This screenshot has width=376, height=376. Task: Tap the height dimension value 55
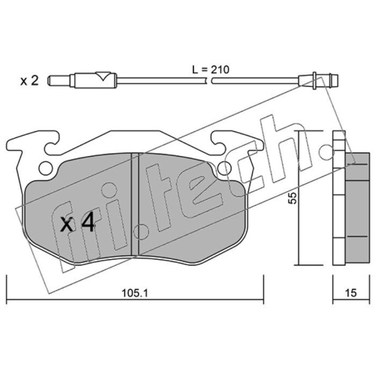[292, 198]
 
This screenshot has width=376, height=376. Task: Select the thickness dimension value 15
[351, 293]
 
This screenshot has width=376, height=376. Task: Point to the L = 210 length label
[211, 70]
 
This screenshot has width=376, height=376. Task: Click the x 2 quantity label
[29, 81]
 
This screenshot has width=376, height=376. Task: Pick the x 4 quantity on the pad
[77, 223]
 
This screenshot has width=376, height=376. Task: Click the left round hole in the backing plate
[45, 168]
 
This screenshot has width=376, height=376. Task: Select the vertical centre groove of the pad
[135, 204]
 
